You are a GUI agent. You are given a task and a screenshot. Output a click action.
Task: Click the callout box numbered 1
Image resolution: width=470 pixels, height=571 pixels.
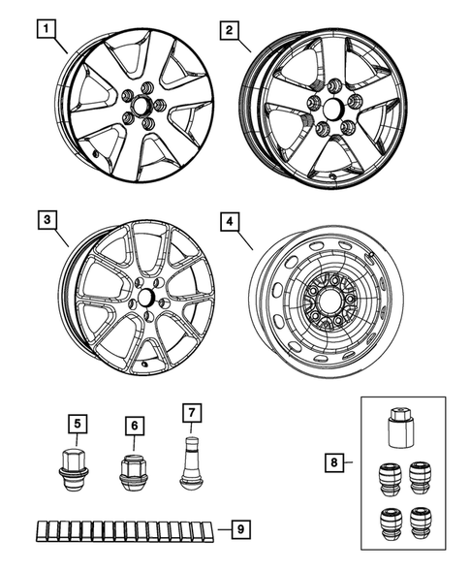pyautogui.click(x=45, y=29)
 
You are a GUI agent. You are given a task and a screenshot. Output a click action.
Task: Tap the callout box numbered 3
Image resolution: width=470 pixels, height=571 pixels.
pyautogui.click(x=46, y=220)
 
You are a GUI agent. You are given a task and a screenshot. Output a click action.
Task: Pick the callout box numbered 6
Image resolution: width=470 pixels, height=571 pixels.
pyautogui.click(x=133, y=422)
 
